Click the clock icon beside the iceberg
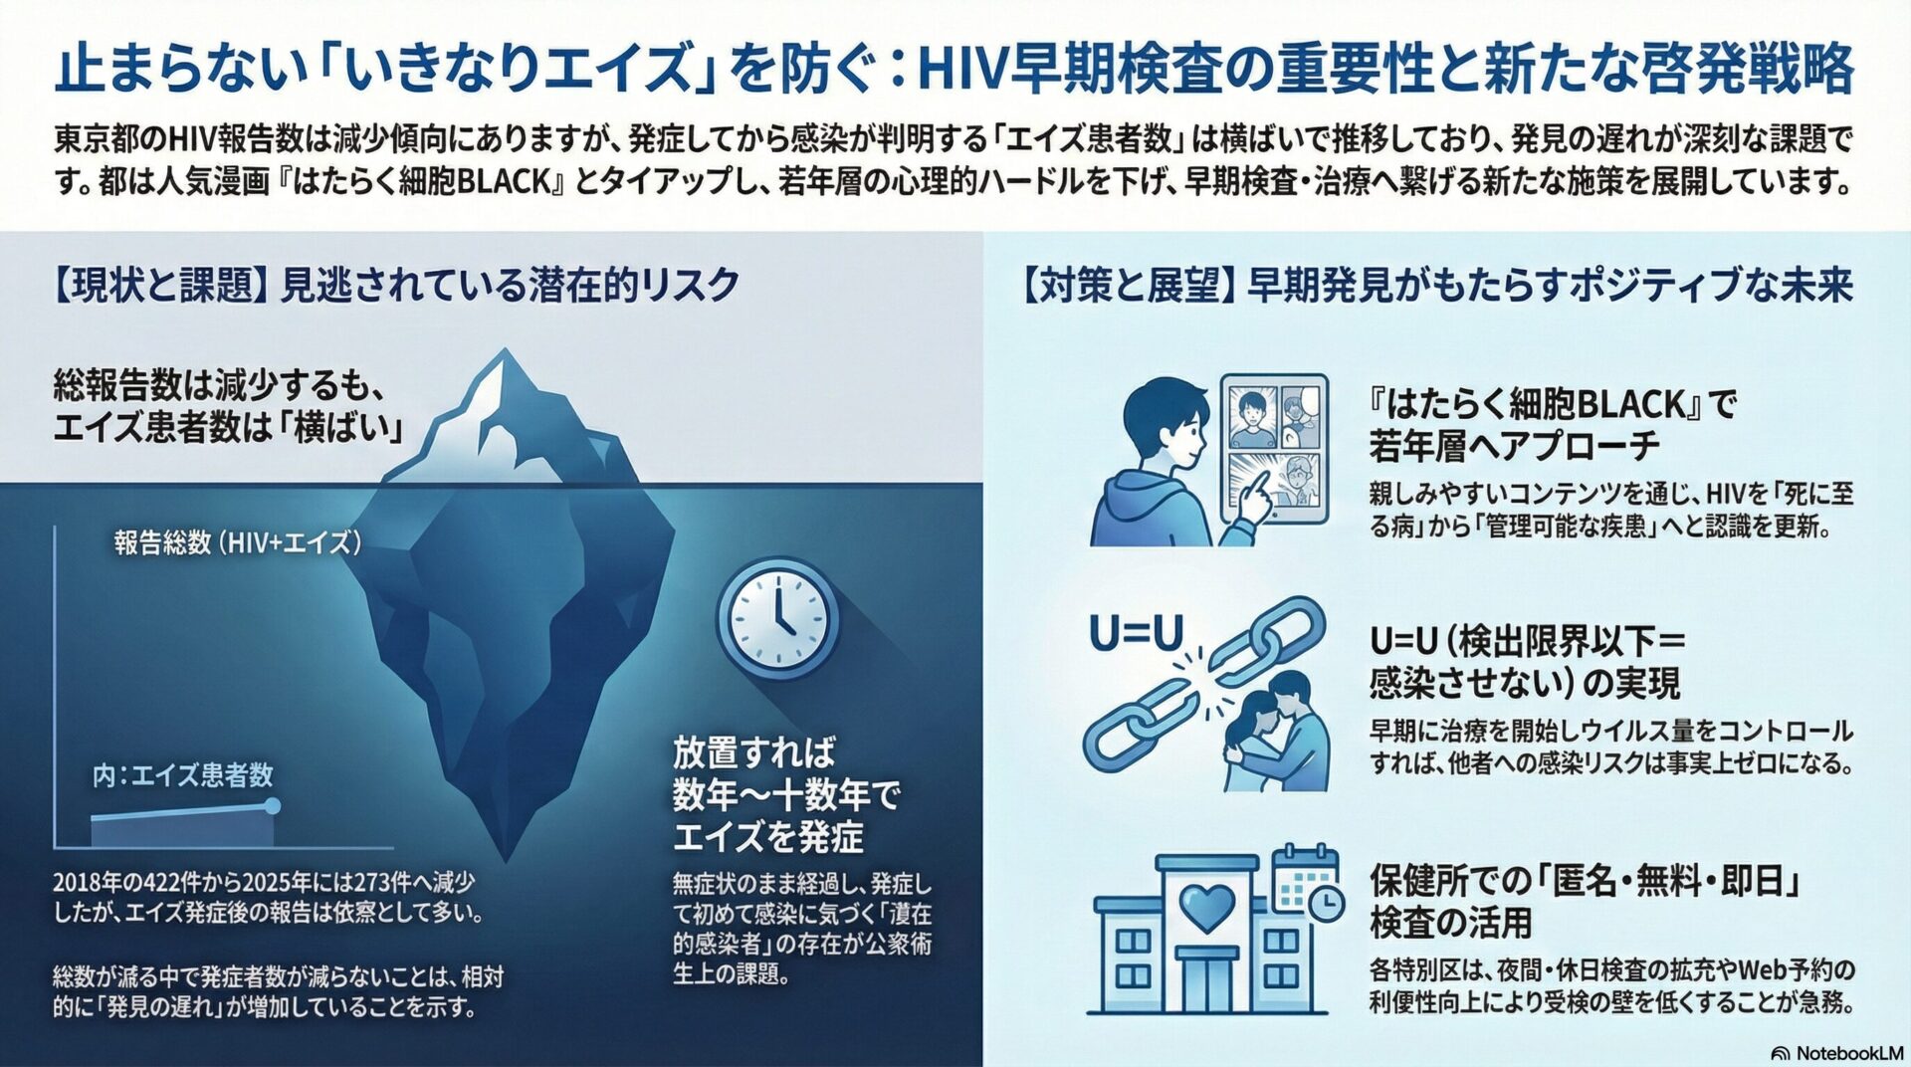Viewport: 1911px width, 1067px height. pos(777,618)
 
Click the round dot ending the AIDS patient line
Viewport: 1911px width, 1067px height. pos(273,805)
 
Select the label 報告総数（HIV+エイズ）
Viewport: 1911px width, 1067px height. pos(237,542)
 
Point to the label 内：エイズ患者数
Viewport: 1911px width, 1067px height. pos(182,775)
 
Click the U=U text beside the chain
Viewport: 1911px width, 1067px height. pos(1136,633)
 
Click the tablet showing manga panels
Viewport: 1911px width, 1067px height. pos(1274,448)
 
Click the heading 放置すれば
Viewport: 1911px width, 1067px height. pos(753,751)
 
